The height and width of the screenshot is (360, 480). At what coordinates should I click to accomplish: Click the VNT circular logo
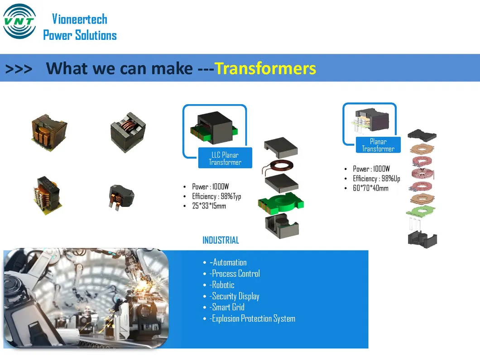click(x=19, y=22)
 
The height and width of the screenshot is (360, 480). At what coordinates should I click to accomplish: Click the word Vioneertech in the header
click(x=80, y=19)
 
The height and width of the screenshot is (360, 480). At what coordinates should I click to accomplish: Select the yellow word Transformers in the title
click(x=265, y=68)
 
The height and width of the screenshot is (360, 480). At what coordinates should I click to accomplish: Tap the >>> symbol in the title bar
click(x=19, y=69)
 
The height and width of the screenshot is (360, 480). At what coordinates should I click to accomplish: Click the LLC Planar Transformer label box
click(x=225, y=158)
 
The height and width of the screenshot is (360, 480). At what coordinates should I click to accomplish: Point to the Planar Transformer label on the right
click(x=378, y=145)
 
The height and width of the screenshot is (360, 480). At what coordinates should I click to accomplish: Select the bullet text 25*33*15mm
click(x=209, y=206)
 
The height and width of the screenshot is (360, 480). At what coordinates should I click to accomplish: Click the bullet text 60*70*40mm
click(x=370, y=188)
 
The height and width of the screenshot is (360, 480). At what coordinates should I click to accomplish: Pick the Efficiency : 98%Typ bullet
click(x=216, y=197)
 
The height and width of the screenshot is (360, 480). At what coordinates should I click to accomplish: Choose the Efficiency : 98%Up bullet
click(x=376, y=178)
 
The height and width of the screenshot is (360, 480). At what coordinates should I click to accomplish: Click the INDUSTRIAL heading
click(x=221, y=240)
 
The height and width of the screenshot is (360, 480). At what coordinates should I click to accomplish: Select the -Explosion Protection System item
click(x=252, y=318)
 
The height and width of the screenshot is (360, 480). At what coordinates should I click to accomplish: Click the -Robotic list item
click(x=222, y=285)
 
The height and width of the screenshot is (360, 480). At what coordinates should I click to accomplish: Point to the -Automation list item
click(x=228, y=262)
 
